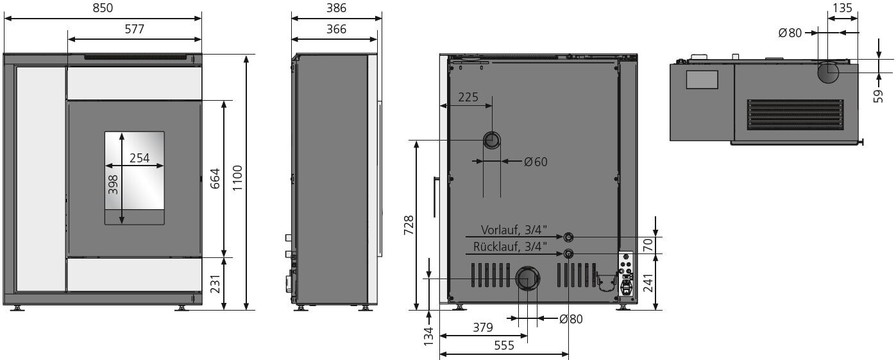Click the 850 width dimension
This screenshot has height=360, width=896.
tap(103, 8)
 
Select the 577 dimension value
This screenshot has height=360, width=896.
tap(134, 29)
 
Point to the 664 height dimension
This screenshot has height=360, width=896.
tap(215, 179)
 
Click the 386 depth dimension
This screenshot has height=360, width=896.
tap(336, 8)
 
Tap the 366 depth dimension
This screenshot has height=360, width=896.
tap(336, 29)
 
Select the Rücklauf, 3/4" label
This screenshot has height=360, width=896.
tap(511, 246)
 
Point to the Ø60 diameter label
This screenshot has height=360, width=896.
tap(536, 162)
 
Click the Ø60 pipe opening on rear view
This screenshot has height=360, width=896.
tap(493, 141)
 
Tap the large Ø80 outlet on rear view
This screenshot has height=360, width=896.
tap(528, 279)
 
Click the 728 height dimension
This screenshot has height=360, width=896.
tap(408, 226)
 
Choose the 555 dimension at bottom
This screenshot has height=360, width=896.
tap(504, 345)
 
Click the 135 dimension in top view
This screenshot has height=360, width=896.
tap(842, 8)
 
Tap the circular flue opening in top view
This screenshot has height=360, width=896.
tap(827, 73)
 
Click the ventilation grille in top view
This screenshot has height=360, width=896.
tap(795, 114)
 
